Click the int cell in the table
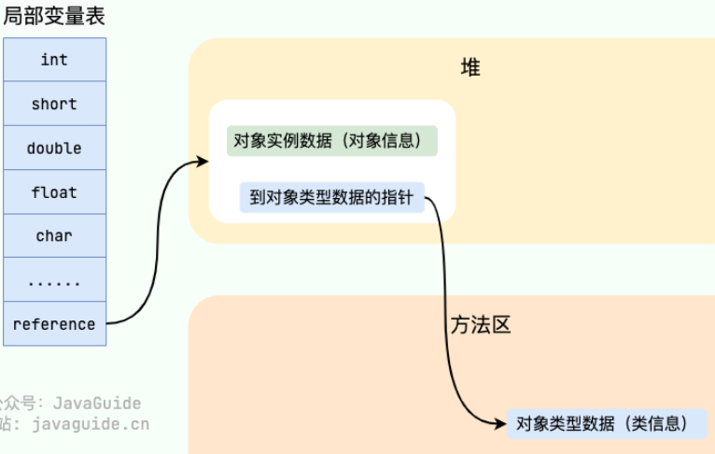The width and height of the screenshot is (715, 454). tap(54, 60)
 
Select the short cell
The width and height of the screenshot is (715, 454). tap(54, 104)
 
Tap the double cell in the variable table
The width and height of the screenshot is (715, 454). tap(54, 149)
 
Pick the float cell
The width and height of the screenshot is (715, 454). tap(54, 192)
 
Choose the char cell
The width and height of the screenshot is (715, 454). tap(54, 236)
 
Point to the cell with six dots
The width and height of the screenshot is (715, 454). tap(54, 280)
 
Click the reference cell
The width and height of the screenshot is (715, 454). tap(54, 324)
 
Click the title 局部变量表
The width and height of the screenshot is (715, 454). tap(53, 16)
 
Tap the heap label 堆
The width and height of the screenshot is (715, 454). tap(470, 67)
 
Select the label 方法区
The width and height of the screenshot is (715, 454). tap(481, 325)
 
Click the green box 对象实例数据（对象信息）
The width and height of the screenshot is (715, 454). tap(332, 142)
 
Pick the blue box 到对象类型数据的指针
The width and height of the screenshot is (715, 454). tap(332, 197)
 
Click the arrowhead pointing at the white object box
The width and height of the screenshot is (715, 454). tap(203, 162)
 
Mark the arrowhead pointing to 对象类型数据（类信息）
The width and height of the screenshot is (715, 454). tap(500, 423)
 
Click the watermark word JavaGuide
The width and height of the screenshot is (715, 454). tap(97, 404)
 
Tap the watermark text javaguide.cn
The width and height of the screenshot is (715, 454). tap(90, 424)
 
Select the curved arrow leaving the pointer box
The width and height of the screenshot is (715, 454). tap(447, 308)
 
